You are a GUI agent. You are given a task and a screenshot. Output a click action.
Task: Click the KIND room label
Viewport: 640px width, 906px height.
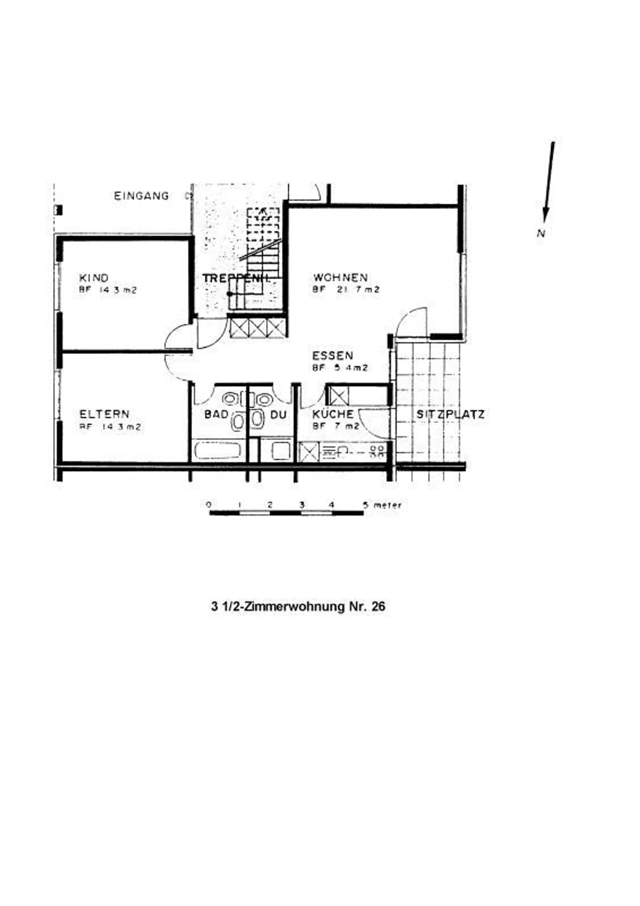click(94, 278)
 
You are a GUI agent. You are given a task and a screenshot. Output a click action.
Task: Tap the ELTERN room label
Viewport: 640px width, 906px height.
click(104, 414)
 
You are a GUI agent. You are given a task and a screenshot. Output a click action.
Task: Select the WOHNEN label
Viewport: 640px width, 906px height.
click(340, 278)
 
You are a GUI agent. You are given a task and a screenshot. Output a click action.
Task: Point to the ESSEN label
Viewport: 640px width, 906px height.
click(332, 355)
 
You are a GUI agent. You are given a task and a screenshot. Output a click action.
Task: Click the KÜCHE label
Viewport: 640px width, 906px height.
click(333, 414)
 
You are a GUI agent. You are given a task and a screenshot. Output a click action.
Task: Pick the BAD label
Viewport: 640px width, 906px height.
click(216, 415)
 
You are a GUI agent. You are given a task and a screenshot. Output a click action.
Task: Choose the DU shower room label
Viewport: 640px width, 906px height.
click(279, 415)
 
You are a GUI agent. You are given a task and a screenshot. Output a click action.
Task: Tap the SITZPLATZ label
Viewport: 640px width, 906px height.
click(450, 415)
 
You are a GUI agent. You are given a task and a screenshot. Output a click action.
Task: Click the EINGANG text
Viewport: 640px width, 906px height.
click(141, 196)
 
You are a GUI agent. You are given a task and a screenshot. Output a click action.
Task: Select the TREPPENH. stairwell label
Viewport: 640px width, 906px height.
click(236, 278)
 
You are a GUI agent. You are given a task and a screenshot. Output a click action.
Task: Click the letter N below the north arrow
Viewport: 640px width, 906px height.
click(541, 233)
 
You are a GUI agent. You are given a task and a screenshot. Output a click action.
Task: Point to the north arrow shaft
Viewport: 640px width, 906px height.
click(549, 178)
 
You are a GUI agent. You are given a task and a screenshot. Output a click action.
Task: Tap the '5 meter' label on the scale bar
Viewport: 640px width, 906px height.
click(382, 505)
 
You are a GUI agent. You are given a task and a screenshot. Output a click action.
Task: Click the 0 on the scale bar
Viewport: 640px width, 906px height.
click(209, 505)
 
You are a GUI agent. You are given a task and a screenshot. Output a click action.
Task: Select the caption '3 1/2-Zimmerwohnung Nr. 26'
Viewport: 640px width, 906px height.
click(298, 607)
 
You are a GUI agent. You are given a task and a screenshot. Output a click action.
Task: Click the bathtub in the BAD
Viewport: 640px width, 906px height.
click(218, 451)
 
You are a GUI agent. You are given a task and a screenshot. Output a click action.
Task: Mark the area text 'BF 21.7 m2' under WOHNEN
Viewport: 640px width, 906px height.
click(346, 290)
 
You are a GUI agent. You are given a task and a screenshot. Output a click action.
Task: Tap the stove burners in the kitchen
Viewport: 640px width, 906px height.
click(377, 451)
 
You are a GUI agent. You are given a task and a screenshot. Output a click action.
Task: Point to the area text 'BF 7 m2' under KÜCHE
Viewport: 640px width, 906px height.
click(336, 426)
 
